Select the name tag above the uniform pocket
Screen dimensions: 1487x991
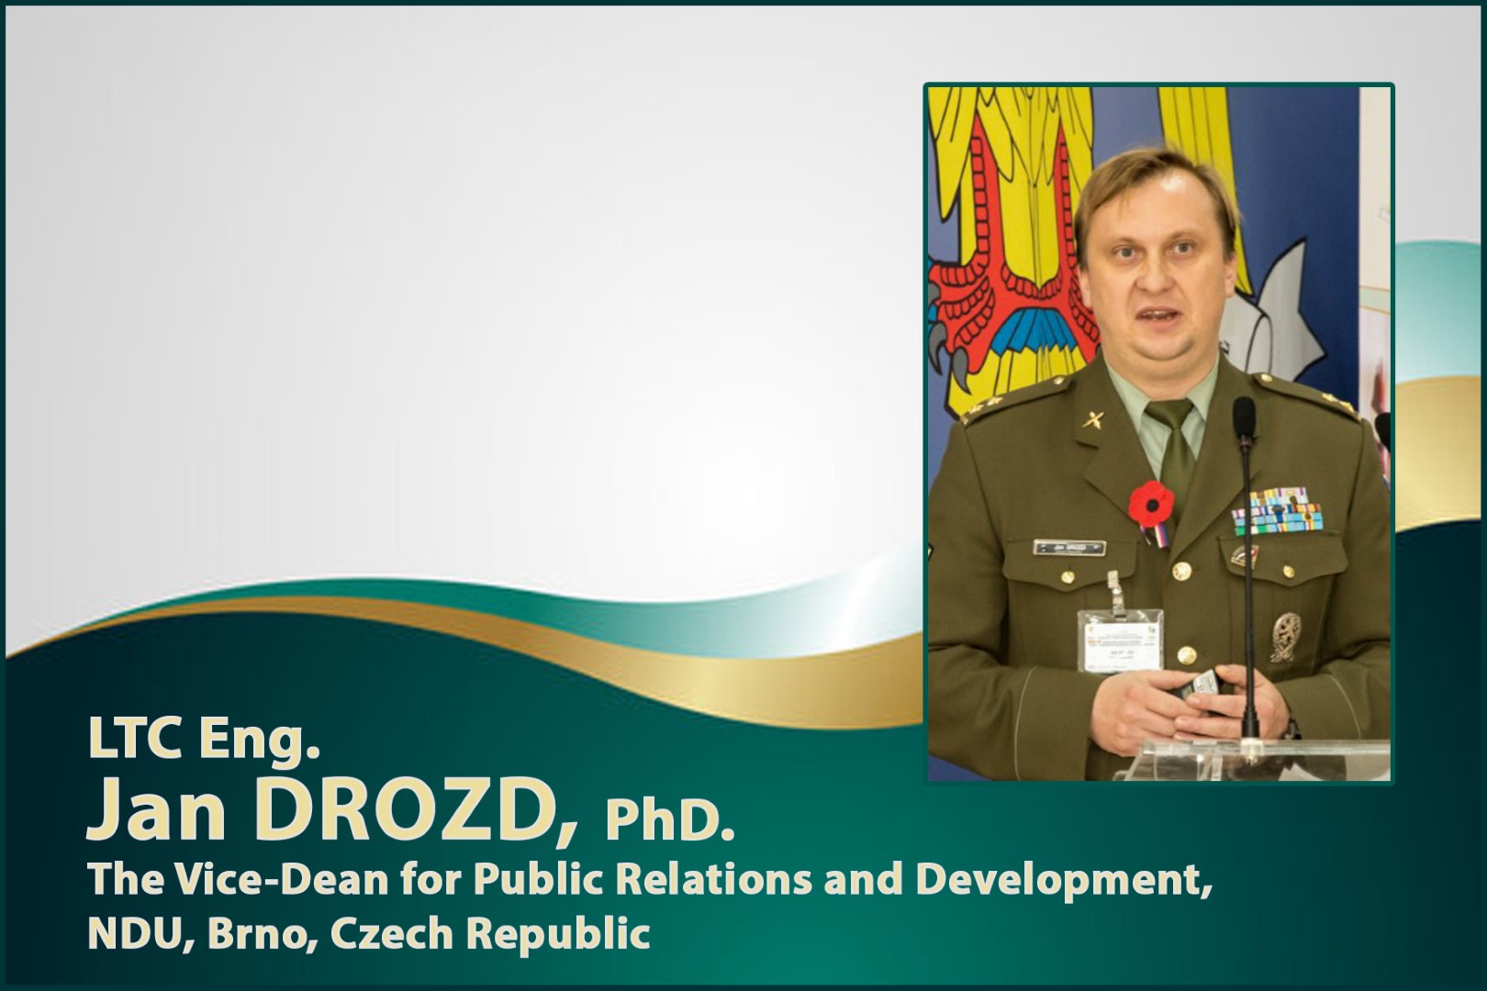1069,548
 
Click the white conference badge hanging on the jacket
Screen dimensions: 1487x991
1120,640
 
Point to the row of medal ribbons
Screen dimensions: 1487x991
1277,510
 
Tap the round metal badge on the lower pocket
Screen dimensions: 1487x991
1285,637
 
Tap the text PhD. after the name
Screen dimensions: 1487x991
669,822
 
